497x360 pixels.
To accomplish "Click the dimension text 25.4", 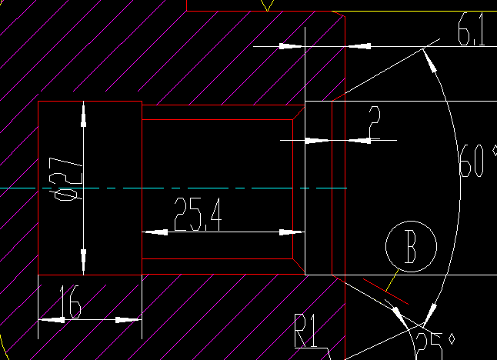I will click(x=198, y=215).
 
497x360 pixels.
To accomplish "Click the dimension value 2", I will click(x=375, y=122).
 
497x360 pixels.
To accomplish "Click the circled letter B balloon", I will click(x=411, y=248).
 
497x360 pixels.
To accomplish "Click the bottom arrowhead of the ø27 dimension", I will click(x=83, y=258).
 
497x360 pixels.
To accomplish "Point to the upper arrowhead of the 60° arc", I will click(x=432, y=65).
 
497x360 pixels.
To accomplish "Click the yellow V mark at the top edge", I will click(x=267, y=5).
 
